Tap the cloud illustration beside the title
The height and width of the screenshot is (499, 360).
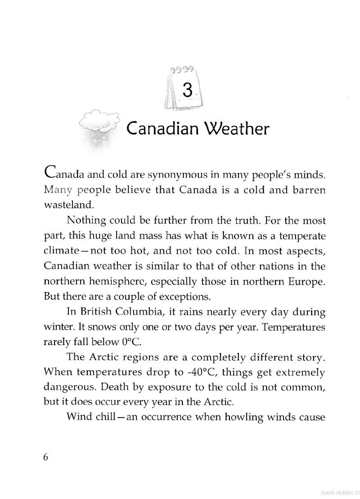pos(99,123)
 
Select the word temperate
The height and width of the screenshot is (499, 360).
pos(302,235)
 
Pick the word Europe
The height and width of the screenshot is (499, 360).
pos(305,281)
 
